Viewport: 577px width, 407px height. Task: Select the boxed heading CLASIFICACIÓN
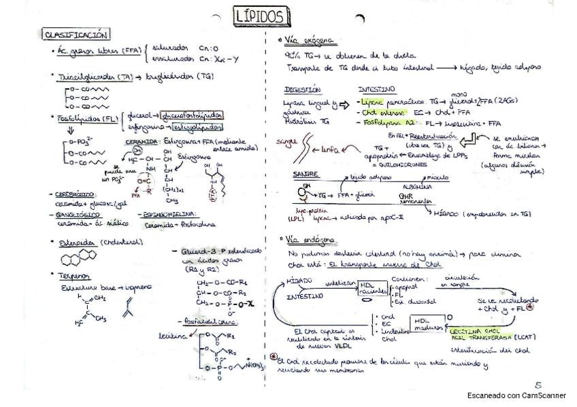75,34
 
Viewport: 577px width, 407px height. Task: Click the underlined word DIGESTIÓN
301,89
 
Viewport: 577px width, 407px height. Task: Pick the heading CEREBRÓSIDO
75,194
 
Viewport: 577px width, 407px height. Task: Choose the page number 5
538,384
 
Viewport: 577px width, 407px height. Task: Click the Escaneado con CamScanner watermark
516,395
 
